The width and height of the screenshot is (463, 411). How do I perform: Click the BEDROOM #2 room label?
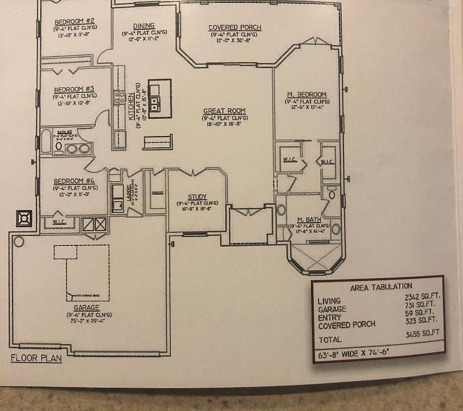coord(74,22)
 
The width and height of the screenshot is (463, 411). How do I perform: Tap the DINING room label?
coord(143,26)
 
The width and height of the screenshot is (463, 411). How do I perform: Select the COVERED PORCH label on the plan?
coord(234,27)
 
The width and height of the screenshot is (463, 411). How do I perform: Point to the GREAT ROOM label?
coord(225,111)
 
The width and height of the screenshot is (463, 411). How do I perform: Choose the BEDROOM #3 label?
coord(74,89)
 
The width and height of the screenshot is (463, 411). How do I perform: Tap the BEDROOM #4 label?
coord(74,181)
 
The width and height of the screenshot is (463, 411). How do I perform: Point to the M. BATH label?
coord(309,220)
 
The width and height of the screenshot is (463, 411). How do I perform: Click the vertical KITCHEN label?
coord(131,106)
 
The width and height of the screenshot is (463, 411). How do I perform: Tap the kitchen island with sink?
coord(159,99)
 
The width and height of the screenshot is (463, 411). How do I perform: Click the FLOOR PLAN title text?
coord(35,358)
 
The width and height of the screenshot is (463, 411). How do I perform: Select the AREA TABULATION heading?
coord(378,286)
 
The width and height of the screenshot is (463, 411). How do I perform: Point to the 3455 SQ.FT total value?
coord(422,333)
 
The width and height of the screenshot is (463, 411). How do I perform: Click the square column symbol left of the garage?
coord(23,218)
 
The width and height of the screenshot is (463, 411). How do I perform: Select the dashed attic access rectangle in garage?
coord(87,273)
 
